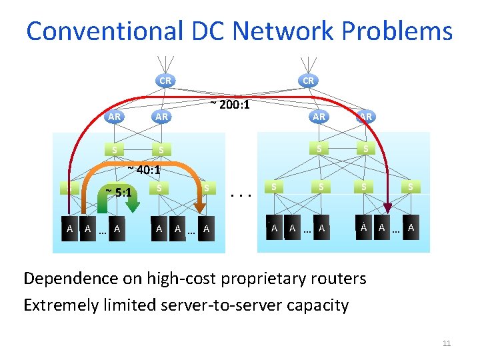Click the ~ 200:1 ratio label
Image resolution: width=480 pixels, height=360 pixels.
tap(230, 104)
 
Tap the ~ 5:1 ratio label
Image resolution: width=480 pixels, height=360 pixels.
tap(121, 193)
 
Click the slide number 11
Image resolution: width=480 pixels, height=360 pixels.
tap(447, 343)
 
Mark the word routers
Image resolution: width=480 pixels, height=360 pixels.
tap(342, 278)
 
